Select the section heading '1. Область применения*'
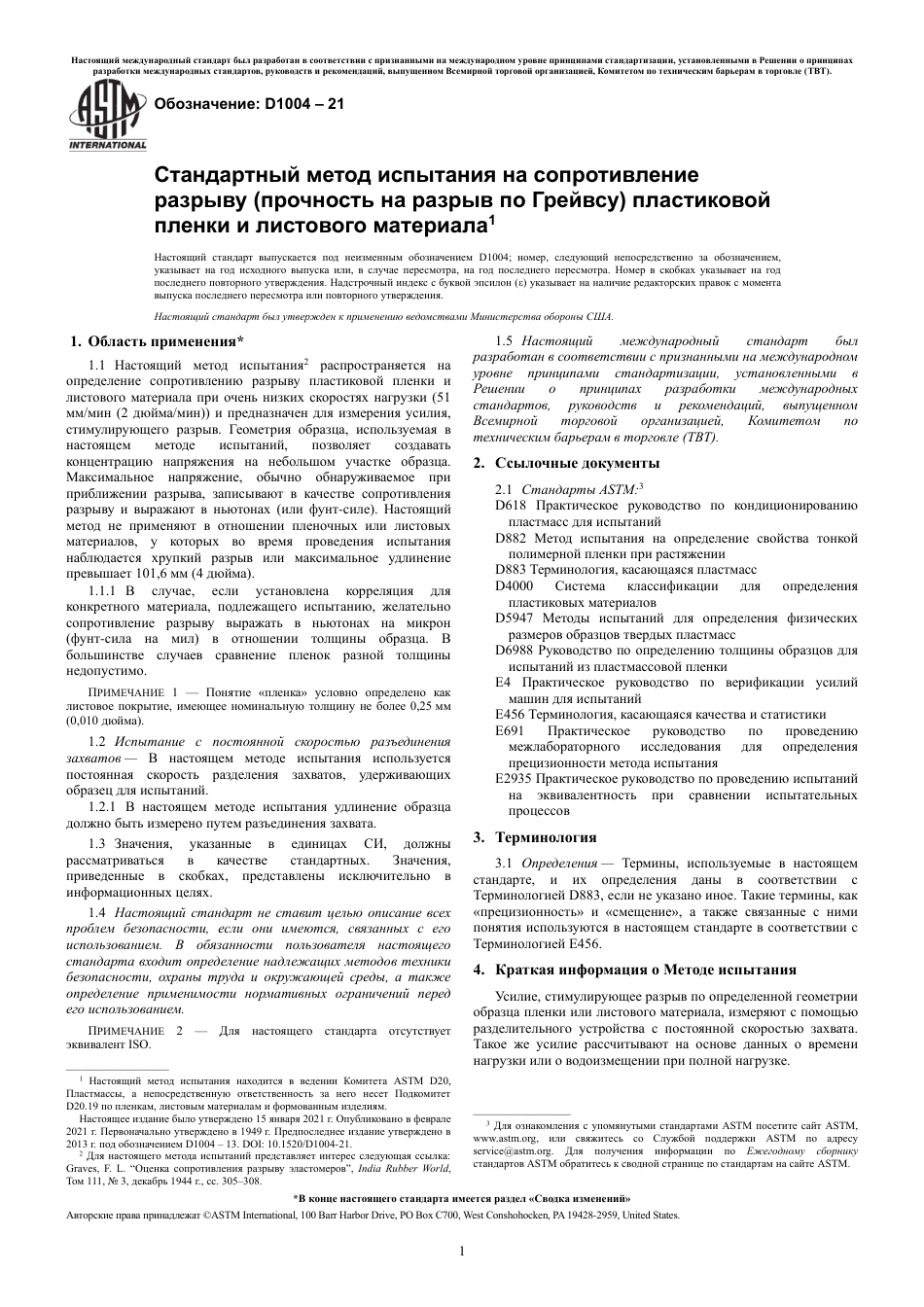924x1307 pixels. coord(157,341)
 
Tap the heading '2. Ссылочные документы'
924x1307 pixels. coord(566,463)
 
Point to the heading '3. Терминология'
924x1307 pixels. coord(535,836)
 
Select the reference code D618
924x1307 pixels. coord(511,506)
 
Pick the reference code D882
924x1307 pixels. coord(511,538)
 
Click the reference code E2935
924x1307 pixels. coord(514,778)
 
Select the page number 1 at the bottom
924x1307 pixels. coord(462,1251)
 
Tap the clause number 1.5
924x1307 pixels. coord(504,341)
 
